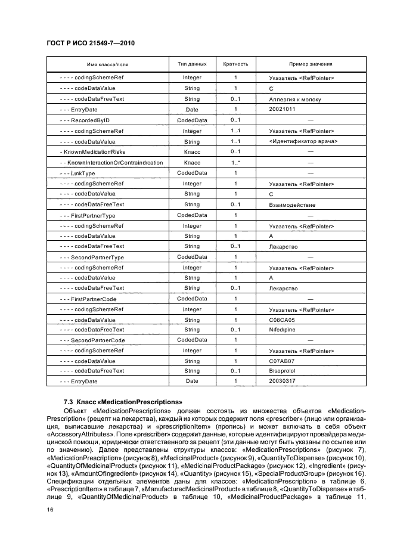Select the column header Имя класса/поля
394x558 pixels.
[x=107, y=64]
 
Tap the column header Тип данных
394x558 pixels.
[x=192, y=64]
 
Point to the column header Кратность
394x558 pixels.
[x=235, y=64]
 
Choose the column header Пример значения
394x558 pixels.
[x=310, y=64]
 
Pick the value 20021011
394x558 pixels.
[x=283, y=110]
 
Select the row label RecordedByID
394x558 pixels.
[x=88, y=120]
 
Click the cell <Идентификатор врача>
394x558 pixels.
[x=303, y=141]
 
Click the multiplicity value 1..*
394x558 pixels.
[x=235, y=163]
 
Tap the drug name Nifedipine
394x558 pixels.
[x=283, y=330]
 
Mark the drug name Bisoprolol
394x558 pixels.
[x=283, y=371]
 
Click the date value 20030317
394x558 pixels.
[x=283, y=382]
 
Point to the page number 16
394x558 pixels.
[x=50, y=510]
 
